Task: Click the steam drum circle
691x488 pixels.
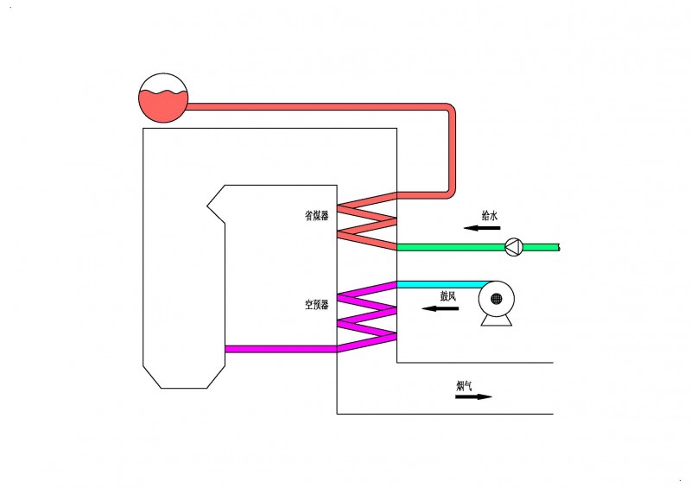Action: [163, 96]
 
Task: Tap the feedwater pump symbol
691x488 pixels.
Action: [514, 247]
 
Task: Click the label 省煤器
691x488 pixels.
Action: [317, 216]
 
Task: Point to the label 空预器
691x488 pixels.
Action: [317, 305]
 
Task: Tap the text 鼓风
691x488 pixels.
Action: [447, 295]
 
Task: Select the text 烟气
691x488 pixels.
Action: [464, 385]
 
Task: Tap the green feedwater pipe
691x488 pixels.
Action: [449, 247]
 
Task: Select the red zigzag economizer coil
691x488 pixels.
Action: [366, 221]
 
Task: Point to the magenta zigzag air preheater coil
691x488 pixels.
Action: [366, 316]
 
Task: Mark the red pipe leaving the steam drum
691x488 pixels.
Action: [320, 107]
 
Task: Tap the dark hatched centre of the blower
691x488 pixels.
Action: [497, 299]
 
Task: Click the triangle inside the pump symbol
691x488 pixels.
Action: [513, 247]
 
